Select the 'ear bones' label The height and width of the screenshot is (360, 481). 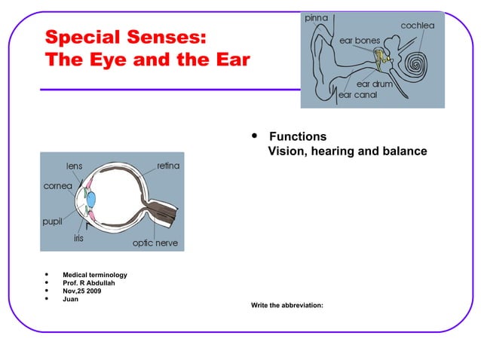[360, 40]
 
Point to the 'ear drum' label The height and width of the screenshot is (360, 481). [374, 85]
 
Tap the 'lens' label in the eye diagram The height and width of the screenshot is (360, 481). [74, 165]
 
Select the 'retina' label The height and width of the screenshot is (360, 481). [167, 165]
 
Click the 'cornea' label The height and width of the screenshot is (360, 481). [57, 185]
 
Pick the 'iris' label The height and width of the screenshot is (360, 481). [78, 237]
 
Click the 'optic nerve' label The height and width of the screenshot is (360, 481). [155, 243]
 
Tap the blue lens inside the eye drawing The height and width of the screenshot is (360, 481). [90, 200]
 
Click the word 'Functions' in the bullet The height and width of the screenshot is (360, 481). [298, 137]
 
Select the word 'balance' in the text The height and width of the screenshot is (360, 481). [404, 152]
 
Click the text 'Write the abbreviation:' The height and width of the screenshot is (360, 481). [281, 306]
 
